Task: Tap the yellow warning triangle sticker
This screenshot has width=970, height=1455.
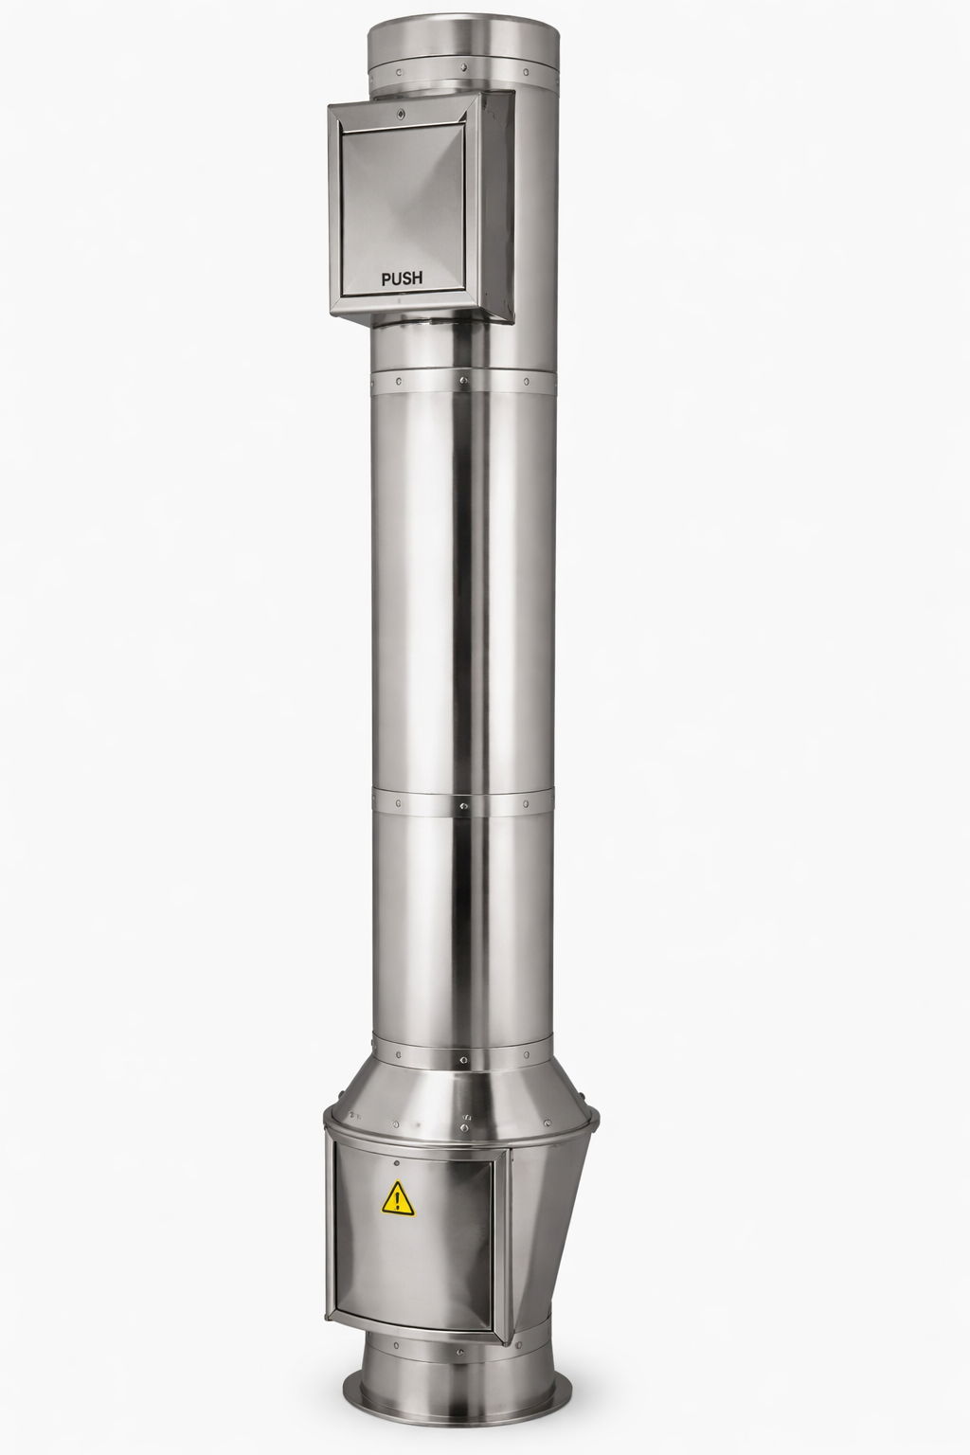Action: (x=396, y=1199)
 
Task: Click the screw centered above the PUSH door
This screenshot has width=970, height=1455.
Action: (x=402, y=114)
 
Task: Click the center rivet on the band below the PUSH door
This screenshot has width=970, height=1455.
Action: (x=463, y=382)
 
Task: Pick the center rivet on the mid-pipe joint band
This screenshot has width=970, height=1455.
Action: (x=464, y=805)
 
